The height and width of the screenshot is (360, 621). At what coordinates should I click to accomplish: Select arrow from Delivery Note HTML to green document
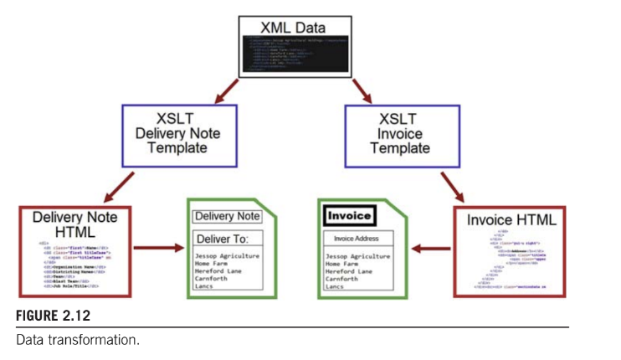159,248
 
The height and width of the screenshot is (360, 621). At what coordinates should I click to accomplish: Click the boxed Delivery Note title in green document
227,216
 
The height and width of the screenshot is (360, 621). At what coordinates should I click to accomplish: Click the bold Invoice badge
349,216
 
